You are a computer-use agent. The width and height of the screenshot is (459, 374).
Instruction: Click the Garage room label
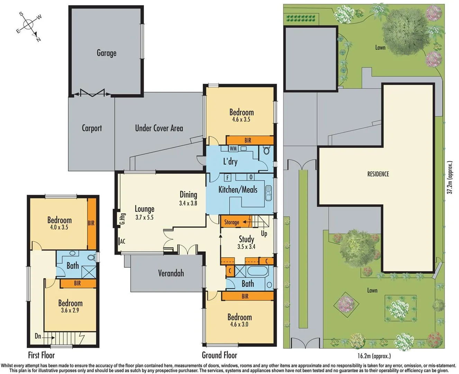coord(106,53)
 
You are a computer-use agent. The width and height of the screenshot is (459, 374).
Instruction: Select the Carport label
coord(92,128)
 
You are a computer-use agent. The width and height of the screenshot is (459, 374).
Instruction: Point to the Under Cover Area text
coord(159,128)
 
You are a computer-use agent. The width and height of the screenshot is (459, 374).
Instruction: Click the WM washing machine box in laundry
coord(233,149)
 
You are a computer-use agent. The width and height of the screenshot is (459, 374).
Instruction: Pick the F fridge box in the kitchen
coord(227,178)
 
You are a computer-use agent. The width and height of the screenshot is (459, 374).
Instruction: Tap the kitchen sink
coord(268,193)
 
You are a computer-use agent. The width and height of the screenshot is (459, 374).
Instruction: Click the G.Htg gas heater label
coord(122,219)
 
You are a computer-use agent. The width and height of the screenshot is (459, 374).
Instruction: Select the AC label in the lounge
coord(122,241)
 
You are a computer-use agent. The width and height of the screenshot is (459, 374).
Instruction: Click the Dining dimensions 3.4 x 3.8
coord(188,203)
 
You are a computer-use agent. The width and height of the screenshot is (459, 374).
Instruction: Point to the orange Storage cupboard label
coord(232,222)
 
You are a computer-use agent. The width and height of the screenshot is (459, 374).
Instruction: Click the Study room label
coord(246,239)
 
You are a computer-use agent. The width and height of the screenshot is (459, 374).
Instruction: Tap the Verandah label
coord(171,273)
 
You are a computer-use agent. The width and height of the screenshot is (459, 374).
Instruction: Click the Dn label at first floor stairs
coord(38,336)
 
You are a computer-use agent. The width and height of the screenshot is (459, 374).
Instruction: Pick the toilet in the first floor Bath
coord(91,258)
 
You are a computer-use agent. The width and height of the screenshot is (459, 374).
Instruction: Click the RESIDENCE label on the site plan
coord(378,174)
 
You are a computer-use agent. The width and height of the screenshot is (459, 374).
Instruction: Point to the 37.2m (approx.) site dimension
coord(449,177)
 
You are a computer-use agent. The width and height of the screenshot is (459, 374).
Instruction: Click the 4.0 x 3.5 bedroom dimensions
coord(59,228)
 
